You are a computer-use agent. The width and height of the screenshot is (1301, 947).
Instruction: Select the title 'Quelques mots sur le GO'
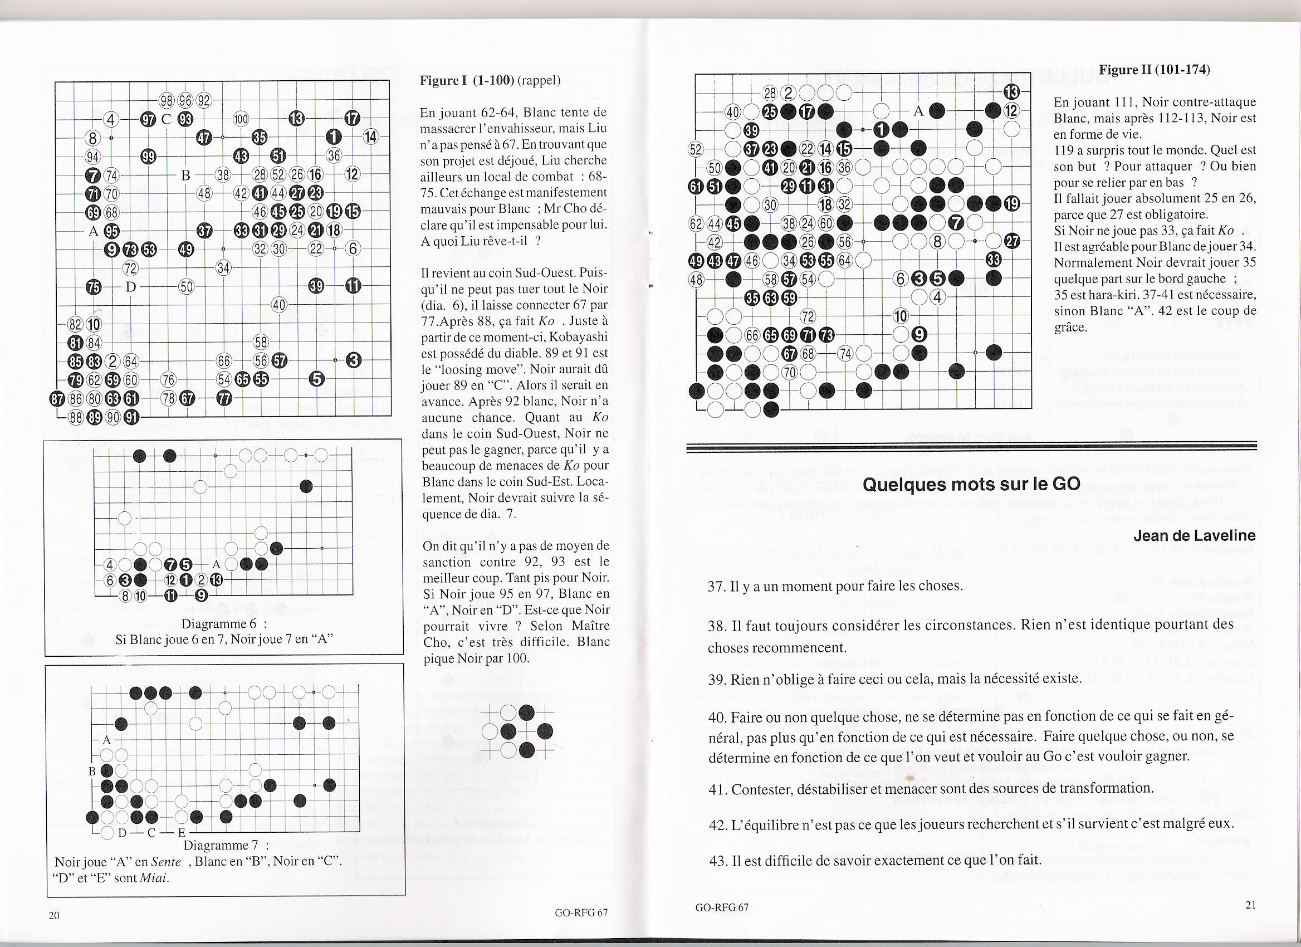(971, 484)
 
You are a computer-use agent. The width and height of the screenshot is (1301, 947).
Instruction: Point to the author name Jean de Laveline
(1194, 535)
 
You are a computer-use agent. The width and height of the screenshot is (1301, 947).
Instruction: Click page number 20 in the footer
(54, 915)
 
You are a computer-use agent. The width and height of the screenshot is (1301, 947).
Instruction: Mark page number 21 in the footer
(1250, 905)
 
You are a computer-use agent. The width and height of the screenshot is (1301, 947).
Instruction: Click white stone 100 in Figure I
(241, 119)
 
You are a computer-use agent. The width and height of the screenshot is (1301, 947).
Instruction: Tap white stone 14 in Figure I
(371, 137)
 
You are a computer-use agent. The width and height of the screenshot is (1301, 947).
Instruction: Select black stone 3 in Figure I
(354, 360)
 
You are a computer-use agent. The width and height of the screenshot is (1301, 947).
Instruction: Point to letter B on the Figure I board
(185, 175)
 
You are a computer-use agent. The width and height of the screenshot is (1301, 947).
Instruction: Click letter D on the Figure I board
(131, 286)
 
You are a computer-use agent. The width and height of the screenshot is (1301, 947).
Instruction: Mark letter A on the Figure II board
(919, 113)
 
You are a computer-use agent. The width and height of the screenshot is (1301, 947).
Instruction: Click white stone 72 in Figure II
(808, 316)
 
